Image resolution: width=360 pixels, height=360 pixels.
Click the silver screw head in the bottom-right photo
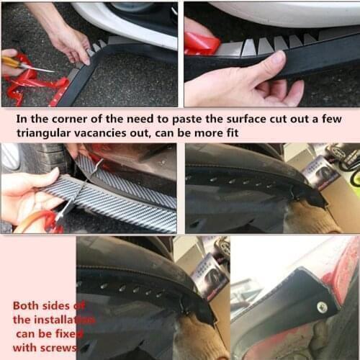[322, 307]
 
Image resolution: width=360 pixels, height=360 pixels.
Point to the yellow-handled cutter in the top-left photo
[16, 63]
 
